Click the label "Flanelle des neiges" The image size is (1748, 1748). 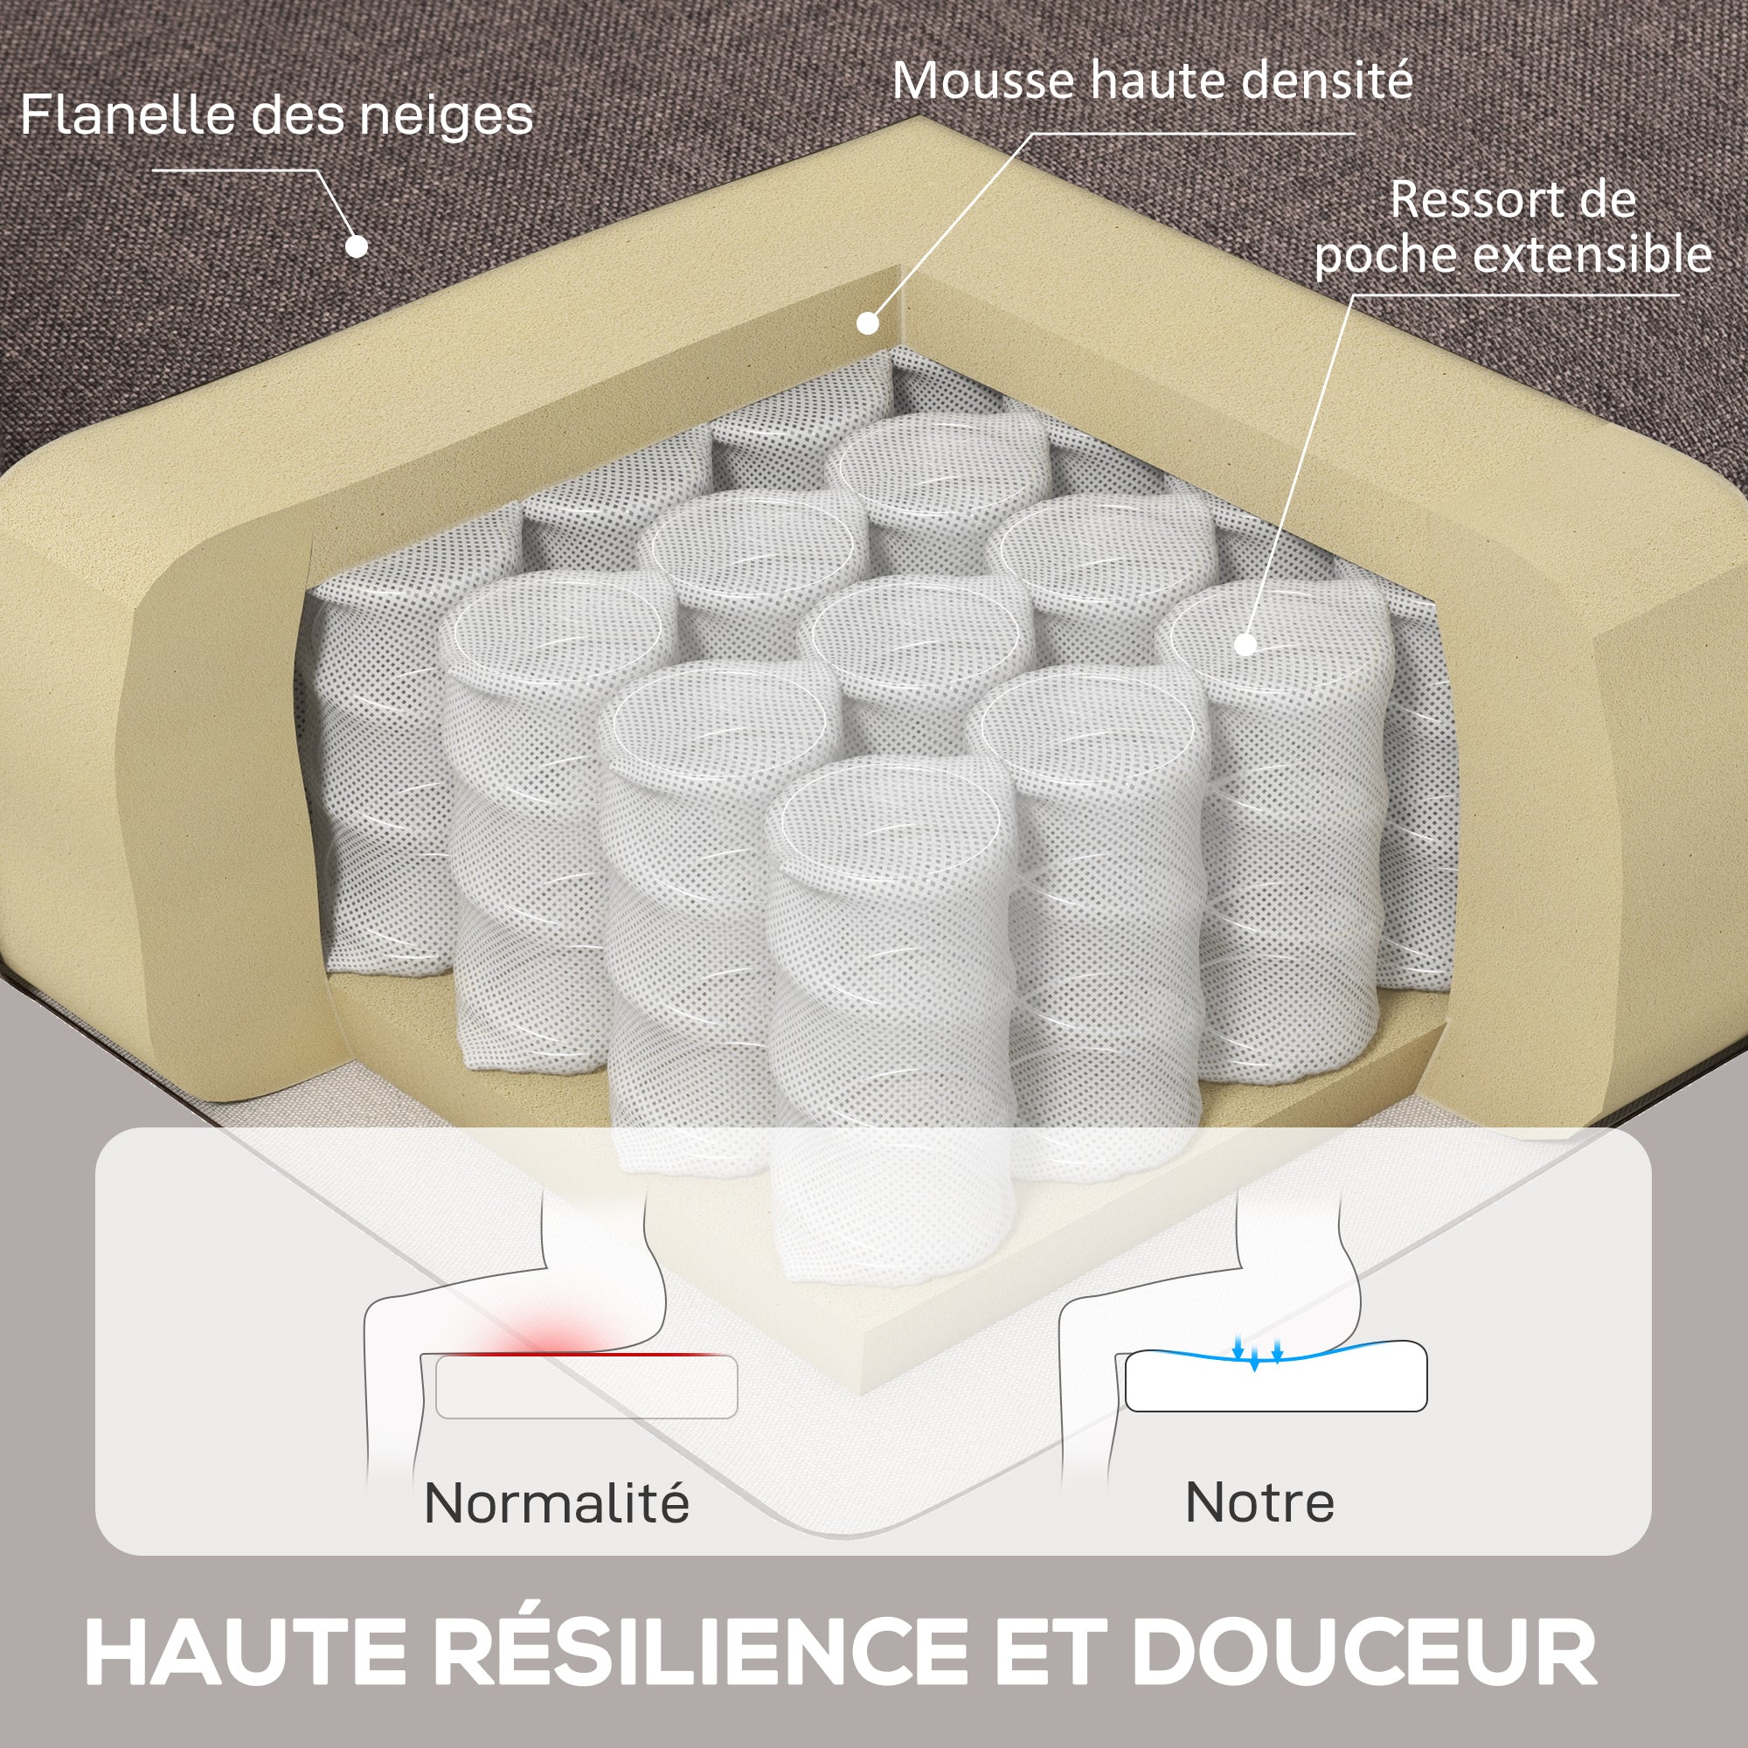[x=277, y=116]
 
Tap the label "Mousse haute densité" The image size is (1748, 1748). [x=1152, y=80]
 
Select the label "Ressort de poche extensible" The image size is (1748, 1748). [x=1513, y=227]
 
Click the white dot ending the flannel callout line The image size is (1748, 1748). [x=357, y=246]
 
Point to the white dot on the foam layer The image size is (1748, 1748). [x=868, y=323]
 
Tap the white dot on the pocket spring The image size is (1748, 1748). [x=1245, y=644]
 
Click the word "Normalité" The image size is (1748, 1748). [x=557, y=1502]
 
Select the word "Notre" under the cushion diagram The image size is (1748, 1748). [x=1259, y=1502]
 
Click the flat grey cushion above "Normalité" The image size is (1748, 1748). [x=586, y=1387]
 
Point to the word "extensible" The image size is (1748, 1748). [x=1593, y=253]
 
